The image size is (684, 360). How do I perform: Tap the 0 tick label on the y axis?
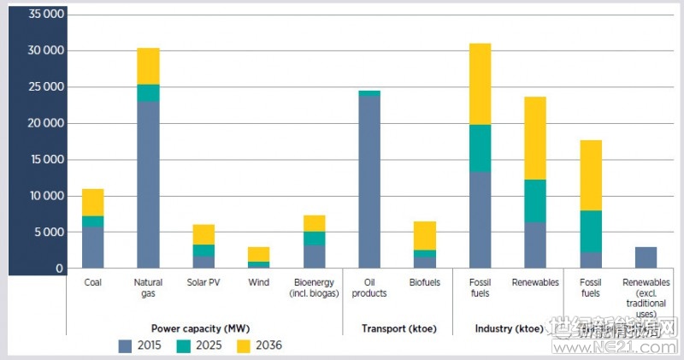pyautogui.click(x=59, y=269)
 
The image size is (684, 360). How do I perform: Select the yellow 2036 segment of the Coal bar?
pyautogui.click(x=92, y=202)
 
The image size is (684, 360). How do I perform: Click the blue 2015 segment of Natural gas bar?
pyautogui.click(x=148, y=185)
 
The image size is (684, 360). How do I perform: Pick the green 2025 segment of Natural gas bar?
pyautogui.click(x=148, y=92)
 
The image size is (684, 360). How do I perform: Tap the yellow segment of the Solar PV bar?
pyautogui.click(x=203, y=234)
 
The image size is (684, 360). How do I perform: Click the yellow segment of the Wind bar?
pyautogui.click(x=259, y=254)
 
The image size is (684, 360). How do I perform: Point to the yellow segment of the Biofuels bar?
pyautogui.click(x=425, y=235)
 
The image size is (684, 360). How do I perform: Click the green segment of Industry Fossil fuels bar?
pyautogui.click(x=481, y=148)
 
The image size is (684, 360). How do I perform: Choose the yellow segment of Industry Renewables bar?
pyautogui.click(x=535, y=138)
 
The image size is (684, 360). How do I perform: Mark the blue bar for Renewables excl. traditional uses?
pyautogui.click(x=646, y=257)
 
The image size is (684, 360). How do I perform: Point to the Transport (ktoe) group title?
pyautogui.click(x=397, y=328)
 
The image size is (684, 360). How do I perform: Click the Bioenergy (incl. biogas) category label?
pyautogui.click(x=314, y=287)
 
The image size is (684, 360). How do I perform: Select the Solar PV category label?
pyautogui.click(x=203, y=282)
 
